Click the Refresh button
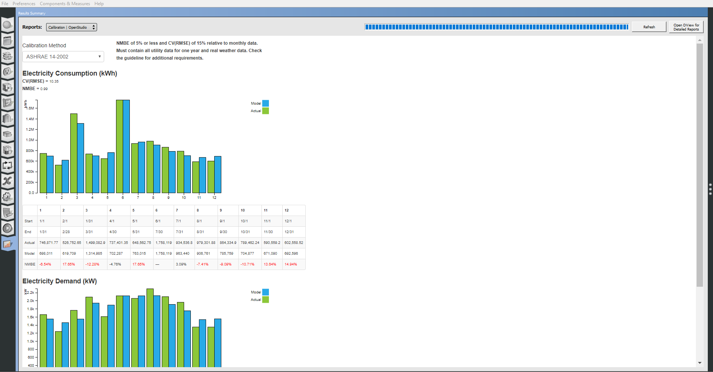pos(649,27)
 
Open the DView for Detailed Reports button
pos(686,27)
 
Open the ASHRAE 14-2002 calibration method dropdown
pos(63,57)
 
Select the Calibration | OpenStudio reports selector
pos(71,27)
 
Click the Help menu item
pos(99,4)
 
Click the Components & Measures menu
pos(65,4)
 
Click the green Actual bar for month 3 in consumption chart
pos(74,153)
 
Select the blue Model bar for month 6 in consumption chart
pos(126,146)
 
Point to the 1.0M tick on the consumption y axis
pos(30,140)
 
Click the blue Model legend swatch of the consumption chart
pos(266,104)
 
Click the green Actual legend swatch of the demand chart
pos(266,300)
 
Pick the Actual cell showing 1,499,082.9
pos(95,243)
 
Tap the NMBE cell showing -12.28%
pos(92,264)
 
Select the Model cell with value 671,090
pos(270,254)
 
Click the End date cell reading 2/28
pos(66,232)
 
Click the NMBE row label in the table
pos(30,264)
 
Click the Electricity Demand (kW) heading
pos(60,281)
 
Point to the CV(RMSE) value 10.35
pos(54,81)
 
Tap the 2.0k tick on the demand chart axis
pos(30,301)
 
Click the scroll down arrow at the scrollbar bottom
pos(700,363)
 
